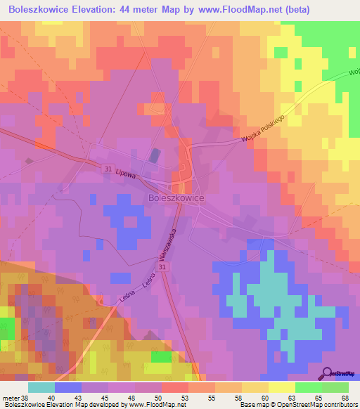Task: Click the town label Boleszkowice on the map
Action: pyautogui.click(x=176, y=199)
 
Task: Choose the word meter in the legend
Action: pyautogui.click(x=11, y=397)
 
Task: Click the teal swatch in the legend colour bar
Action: pyautogui.click(x=41, y=387)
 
